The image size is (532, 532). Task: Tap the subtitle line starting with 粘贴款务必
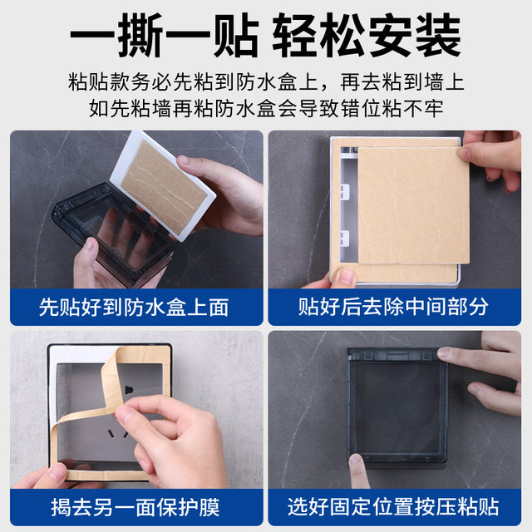[266, 82]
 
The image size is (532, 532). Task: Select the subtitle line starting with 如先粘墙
[266, 108]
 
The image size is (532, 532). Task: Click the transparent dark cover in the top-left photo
[100, 233]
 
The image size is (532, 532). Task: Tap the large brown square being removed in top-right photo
[407, 208]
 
